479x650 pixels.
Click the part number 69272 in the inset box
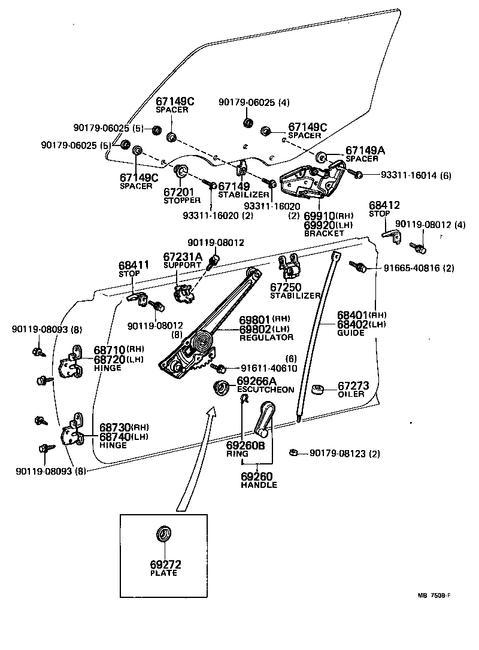pyautogui.click(x=165, y=564)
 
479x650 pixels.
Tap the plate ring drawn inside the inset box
pyautogui.click(x=164, y=533)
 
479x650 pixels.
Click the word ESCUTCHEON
pyautogui.click(x=265, y=390)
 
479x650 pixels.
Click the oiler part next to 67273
pyautogui.click(x=318, y=390)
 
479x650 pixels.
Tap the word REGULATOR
pyautogui.click(x=266, y=338)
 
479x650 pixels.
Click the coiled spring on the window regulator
pyautogui.click(x=202, y=343)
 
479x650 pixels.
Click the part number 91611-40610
pyautogui.click(x=269, y=368)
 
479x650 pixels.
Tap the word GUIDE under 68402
pyautogui.click(x=350, y=332)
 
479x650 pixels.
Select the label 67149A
pyautogui.click(x=365, y=150)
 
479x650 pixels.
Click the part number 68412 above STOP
pyautogui.click(x=384, y=205)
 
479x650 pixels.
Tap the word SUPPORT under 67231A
pyautogui.click(x=182, y=265)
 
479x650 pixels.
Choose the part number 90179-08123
pyautogui.click(x=338, y=454)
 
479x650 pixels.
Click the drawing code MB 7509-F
pyautogui.click(x=434, y=596)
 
